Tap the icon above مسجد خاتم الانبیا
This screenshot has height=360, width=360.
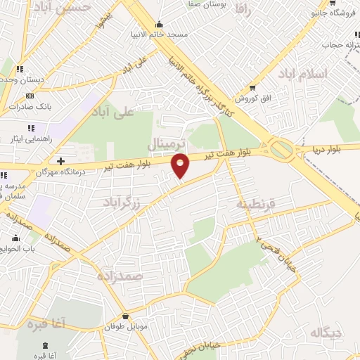pyautogui.click(x=161, y=23)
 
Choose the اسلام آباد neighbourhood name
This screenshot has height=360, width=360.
pyautogui.click(x=302, y=74)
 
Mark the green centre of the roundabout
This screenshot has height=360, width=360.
pyautogui.click(x=282, y=149)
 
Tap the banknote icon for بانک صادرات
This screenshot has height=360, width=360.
pyautogui.click(x=30, y=96)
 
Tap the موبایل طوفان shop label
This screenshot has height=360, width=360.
pyautogui.click(x=124, y=327)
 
